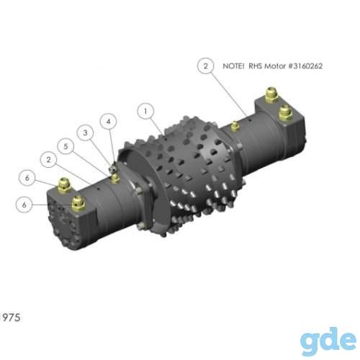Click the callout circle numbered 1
145,111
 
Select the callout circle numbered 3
85,132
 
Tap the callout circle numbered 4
108,122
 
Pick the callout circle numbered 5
66,146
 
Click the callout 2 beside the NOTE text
206,66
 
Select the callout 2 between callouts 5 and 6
49,160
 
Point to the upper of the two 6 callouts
27,178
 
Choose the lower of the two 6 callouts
24,204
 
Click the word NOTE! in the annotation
233,66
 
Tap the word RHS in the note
255,66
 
